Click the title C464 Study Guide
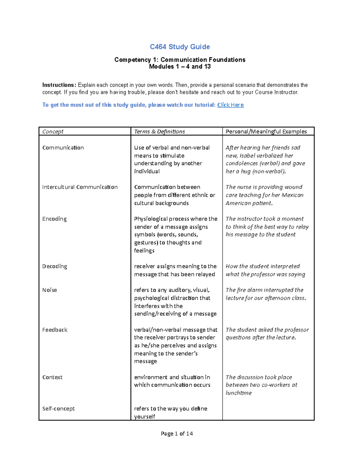click(x=180, y=47)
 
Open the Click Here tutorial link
click(x=230, y=105)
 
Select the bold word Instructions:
click(x=59, y=85)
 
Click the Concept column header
click(x=53, y=131)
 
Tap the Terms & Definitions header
click(x=159, y=131)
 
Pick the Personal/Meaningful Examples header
click(x=266, y=131)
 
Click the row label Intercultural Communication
click(x=80, y=187)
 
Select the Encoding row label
click(x=54, y=219)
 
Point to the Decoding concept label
click(x=55, y=266)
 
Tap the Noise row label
click(x=49, y=290)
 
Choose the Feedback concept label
click(x=55, y=330)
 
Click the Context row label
click(x=52, y=377)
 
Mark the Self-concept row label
click(x=58, y=409)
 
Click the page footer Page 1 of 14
click(x=177, y=434)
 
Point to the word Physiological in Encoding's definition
click(x=151, y=219)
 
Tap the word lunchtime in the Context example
click(x=238, y=393)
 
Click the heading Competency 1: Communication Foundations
click(x=180, y=60)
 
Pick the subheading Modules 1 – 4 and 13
click(x=180, y=67)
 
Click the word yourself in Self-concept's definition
click(x=145, y=417)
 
